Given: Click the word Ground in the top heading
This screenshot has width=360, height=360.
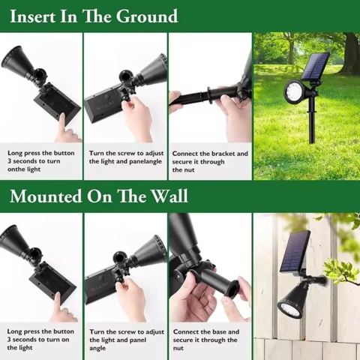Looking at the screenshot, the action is coord(147,16).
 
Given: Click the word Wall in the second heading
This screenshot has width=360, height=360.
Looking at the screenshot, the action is coord(170,196).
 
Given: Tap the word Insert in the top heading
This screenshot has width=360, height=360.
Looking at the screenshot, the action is coord(32,16).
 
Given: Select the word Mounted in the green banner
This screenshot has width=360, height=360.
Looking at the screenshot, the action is coord(46,196).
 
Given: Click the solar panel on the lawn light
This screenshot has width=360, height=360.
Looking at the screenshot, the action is coord(315,66).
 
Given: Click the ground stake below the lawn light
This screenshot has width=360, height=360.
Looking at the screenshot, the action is coord(312,120).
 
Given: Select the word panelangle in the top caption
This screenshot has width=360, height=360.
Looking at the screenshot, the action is coord(145,162).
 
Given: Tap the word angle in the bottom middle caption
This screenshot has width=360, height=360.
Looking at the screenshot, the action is coord(97,349).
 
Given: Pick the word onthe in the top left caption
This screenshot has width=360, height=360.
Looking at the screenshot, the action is coord(16,169).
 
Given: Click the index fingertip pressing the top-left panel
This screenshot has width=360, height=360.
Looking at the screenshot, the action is coord(62,117).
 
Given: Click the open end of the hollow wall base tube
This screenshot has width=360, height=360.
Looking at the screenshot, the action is coord(232,289).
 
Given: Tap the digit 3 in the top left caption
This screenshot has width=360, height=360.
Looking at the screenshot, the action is coord(9,161).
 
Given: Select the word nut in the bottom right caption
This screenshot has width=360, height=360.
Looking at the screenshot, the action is coord(178,348).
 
